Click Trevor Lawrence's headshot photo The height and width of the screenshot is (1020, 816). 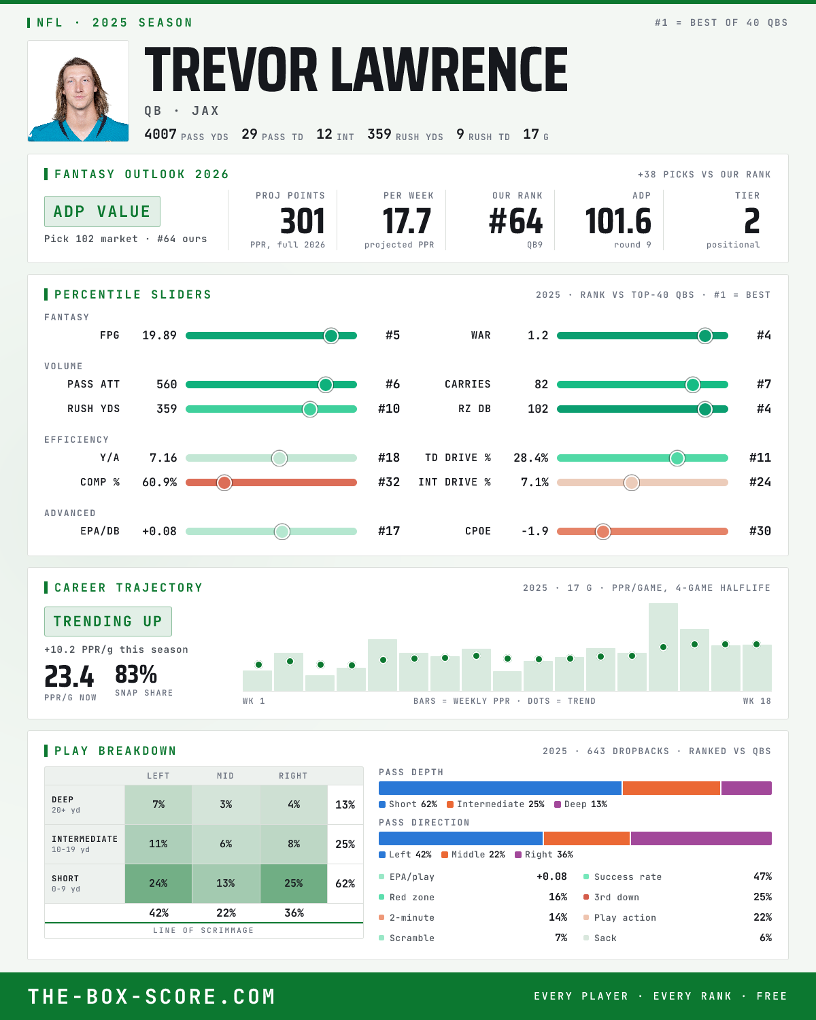pyautogui.click(x=78, y=91)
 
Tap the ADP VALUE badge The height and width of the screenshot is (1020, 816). pyautogui.click(x=102, y=211)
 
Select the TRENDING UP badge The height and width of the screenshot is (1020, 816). pyautogui.click(x=107, y=622)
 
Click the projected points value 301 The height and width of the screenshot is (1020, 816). pyautogui.click(x=303, y=222)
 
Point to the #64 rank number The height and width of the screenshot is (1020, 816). pyautogui.click(x=515, y=222)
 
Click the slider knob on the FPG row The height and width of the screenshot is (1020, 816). pyautogui.click(x=331, y=335)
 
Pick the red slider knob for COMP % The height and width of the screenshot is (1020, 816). pyautogui.click(x=224, y=483)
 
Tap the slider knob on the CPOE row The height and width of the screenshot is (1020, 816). pyautogui.click(x=603, y=531)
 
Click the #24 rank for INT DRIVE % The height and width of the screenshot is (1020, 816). pyautogui.click(x=760, y=482)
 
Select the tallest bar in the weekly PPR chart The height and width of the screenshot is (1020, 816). pyautogui.click(x=663, y=647)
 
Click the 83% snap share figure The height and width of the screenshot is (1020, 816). pyautogui.click(x=136, y=674)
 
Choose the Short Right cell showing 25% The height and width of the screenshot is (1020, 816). pyautogui.click(x=294, y=883)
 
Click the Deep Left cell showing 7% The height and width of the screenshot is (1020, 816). pyautogui.click(x=158, y=805)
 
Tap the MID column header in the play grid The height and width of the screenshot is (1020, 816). pyautogui.click(x=225, y=776)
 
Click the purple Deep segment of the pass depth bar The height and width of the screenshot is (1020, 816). pyautogui.click(x=747, y=788)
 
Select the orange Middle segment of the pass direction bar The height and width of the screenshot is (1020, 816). pyautogui.click(x=587, y=838)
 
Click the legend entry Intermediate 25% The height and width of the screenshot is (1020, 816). pyautogui.click(x=496, y=804)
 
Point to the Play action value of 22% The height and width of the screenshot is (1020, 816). pyautogui.click(x=762, y=917)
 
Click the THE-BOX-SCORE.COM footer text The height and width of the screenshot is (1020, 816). pyautogui.click(x=151, y=996)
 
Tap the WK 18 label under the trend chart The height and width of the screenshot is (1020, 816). pyautogui.click(x=757, y=701)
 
